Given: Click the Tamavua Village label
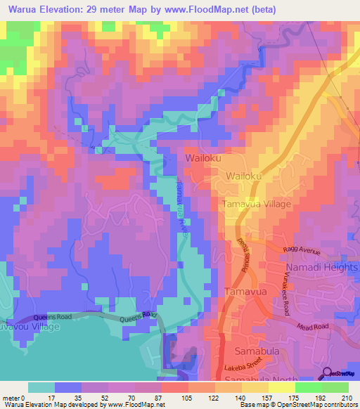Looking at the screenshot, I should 256,204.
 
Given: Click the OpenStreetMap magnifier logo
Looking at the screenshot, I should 327,372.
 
